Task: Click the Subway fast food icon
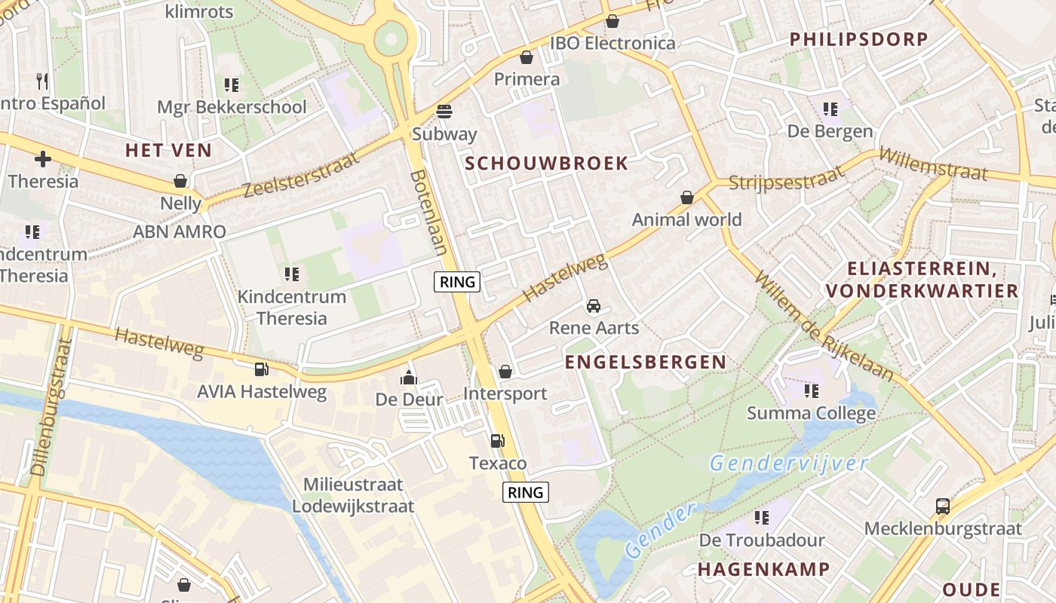tap(444, 112)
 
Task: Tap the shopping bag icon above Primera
tap(526, 57)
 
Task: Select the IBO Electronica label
tap(612, 43)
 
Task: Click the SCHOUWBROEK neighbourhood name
tap(546, 164)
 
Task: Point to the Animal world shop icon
tap(686, 197)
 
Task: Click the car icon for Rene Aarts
tap(594, 306)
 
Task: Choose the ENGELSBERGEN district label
tap(646, 363)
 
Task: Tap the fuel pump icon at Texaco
tap(497, 441)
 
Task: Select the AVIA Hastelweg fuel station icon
tap(261, 369)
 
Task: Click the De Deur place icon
tap(409, 377)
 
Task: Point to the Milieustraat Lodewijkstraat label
tap(353, 495)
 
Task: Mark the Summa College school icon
tap(811, 390)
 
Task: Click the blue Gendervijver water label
tap(789, 463)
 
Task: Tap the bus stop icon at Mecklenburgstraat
tap(942, 506)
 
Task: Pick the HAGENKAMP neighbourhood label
tap(763, 569)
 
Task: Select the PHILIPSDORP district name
tap(858, 40)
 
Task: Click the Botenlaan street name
tap(429, 212)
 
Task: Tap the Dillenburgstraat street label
tap(52, 406)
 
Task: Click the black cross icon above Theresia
tap(43, 159)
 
